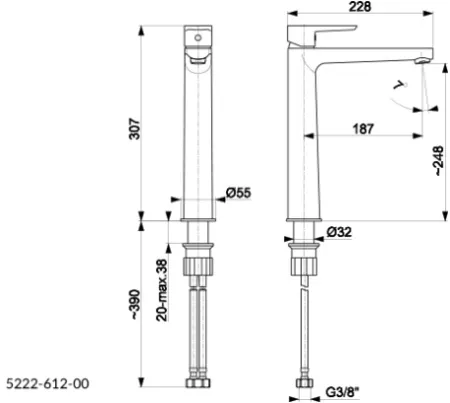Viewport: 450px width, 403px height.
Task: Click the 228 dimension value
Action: click(x=360, y=6)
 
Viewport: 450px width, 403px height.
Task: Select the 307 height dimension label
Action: click(x=135, y=128)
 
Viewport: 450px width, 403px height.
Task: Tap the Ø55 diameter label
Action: click(x=239, y=192)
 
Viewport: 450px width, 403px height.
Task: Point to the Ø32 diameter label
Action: click(x=339, y=232)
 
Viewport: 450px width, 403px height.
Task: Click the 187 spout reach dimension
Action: click(x=363, y=129)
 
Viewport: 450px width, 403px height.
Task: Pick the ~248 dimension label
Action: click(x=439, y=161)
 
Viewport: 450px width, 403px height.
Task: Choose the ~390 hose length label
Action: click(x=135, y=304)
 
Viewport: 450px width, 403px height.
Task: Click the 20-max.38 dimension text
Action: click(x=162, y=290)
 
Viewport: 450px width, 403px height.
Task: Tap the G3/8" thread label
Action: click(x=342, y=392)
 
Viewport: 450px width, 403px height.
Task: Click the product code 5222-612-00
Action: click(x=48, y=383)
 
